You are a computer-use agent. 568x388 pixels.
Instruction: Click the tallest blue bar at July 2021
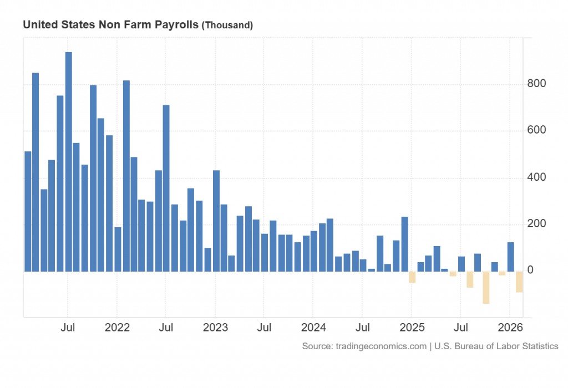pyautogui.click(x=68, y=161)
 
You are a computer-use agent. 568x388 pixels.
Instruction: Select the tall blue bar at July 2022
pyautogui.click(x=166, y=188)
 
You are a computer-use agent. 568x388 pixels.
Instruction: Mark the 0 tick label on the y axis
pyautogui.click(x=530, y=270)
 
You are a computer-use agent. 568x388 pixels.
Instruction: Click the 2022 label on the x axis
pyautogui.click(x=117, y=328)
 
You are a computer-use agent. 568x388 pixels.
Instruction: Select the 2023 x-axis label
pyautogui.click(x=215, y=328)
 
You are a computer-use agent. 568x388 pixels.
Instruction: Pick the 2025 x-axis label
pyautogui.click(x=411, y=328)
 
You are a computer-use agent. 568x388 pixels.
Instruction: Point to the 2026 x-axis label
pyautogui.click(x=509, y=328)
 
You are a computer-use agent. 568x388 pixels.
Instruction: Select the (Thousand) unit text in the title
pyautogui.click(x=227, y=25)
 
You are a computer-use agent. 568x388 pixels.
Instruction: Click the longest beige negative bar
pyautogui.click(x=486, y=287)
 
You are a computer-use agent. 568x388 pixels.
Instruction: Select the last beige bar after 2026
pyautogui.click(x=519, y=282)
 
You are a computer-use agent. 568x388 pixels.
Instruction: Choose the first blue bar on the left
pyautogui.click(x=28, y=211)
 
